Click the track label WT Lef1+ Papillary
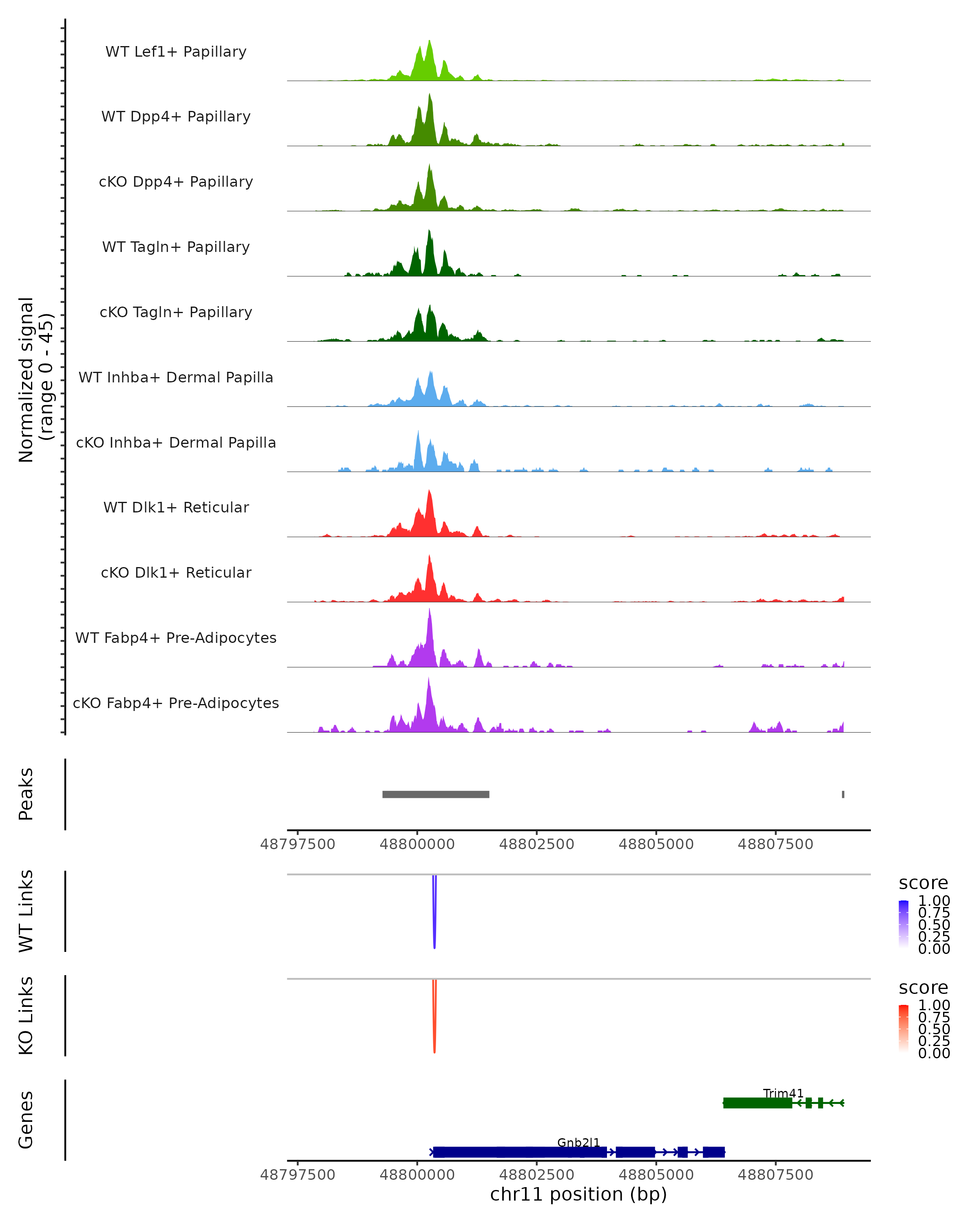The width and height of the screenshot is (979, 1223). point(176,52)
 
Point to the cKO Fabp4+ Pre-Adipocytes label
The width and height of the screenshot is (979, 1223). point(176,703)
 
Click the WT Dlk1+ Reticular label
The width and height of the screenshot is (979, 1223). point(176,507)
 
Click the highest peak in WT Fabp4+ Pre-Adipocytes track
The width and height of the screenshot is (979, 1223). point(430,610)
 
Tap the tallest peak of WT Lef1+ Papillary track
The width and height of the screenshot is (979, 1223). point(429,42)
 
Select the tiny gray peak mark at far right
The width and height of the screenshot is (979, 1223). point(843,794)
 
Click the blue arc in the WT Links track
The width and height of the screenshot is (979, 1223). point(434,913)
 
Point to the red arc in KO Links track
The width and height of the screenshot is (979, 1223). point(434,1018)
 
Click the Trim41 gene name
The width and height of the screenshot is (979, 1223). point(783,1093)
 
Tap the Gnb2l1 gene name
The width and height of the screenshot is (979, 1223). point(578,1142)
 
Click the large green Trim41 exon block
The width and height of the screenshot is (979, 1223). point(757,1103)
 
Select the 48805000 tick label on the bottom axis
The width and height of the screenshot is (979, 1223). point(656,1174)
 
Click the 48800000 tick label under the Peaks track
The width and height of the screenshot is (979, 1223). point(417,844)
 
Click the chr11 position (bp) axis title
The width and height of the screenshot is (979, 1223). point(578,1194)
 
